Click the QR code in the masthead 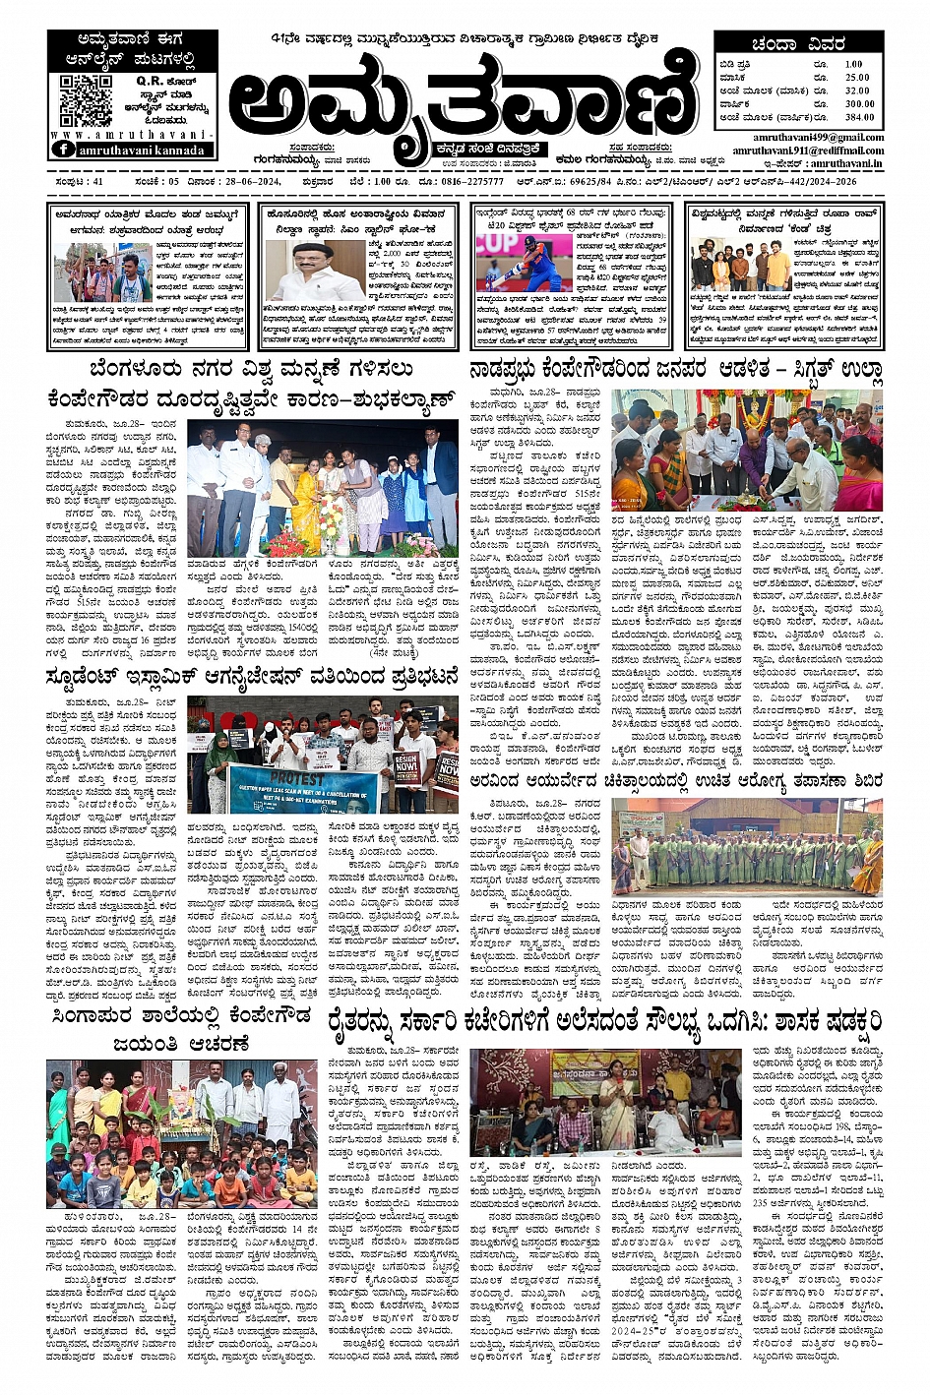(86, 99)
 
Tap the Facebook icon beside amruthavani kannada (64, 150)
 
